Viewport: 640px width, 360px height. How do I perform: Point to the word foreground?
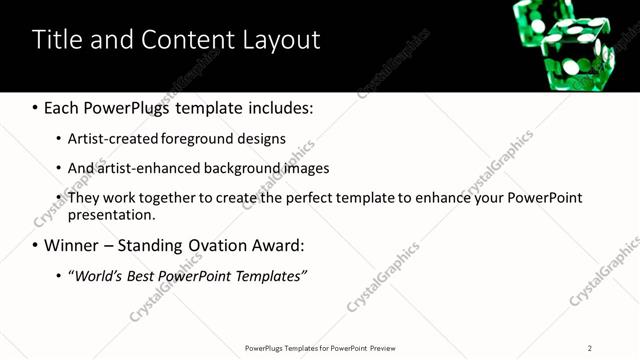(x=208, y=138)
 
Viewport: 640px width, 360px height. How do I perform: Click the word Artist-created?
(x=115, y=138)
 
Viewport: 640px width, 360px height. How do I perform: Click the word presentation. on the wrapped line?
(x=111, y=215)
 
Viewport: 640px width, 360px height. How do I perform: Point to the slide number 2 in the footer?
(x=590, y=348)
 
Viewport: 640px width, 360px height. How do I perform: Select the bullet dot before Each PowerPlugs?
(x=35, y=107)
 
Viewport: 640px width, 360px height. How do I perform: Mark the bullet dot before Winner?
(x=35, y=246)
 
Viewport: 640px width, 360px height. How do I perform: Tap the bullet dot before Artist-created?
(x=59, y=139)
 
